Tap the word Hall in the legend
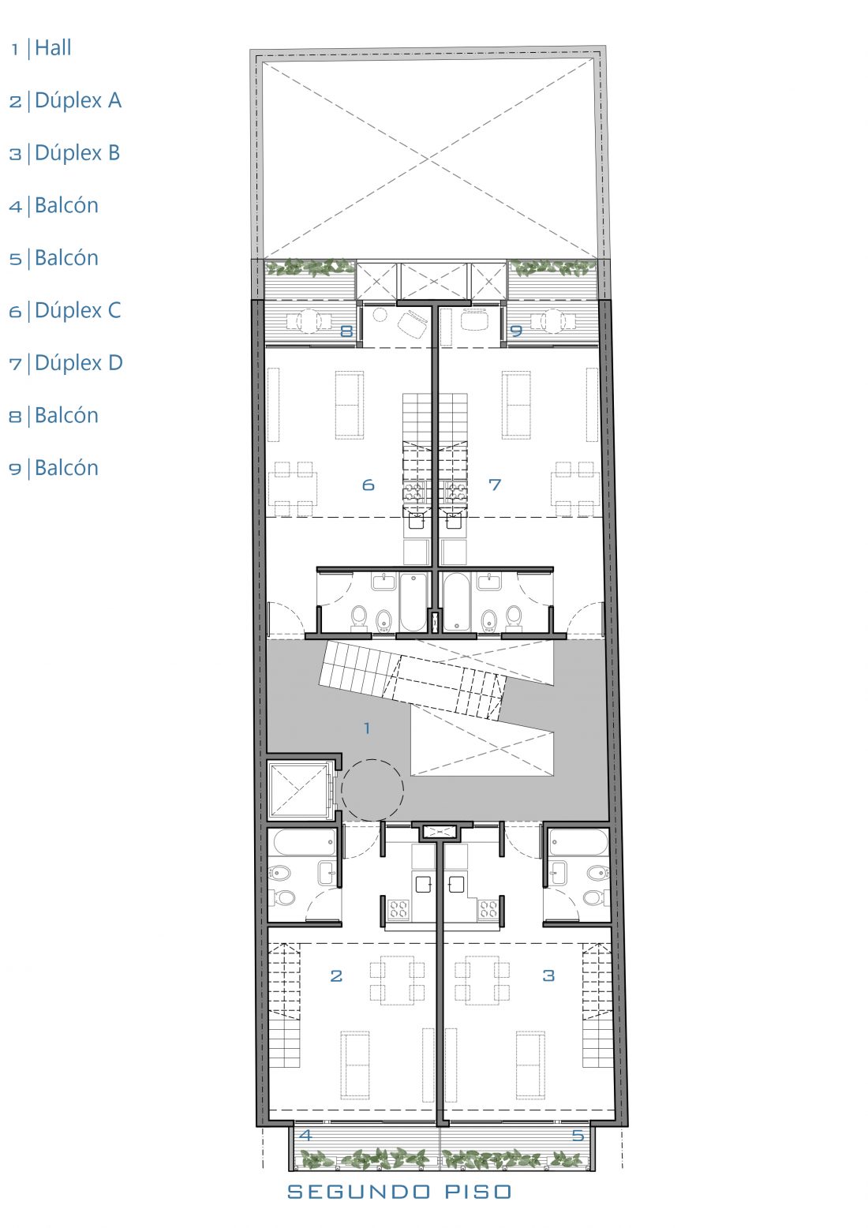(53, 48)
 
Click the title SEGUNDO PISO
(399, 1191)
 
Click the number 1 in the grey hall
(367, 728)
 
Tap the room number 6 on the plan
(369, 485)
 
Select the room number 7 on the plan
(494, 485)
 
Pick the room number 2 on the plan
(336, 975)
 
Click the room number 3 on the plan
(548, 975)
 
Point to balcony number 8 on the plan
(346, 331)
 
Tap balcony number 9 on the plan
(516, 331)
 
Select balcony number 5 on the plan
(578, 1135)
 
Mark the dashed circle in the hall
(372, 760)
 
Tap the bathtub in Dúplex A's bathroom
(305, 842)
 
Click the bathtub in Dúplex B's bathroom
(579, 842)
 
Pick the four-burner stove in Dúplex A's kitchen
(398, 909)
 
